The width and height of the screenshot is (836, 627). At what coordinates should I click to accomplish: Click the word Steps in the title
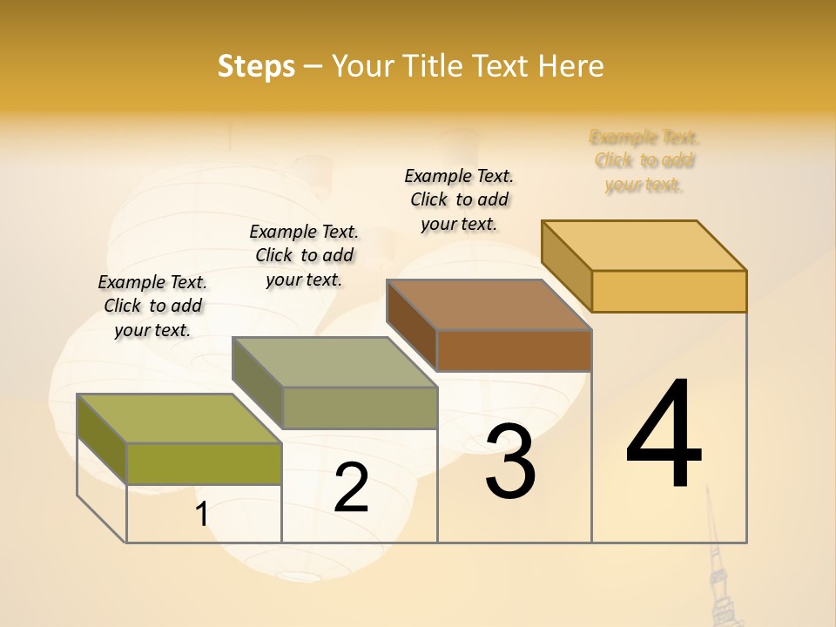(256, 66)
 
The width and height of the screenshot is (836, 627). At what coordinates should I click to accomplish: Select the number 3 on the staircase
(510, 462)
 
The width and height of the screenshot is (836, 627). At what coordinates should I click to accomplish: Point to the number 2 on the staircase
(351, 489)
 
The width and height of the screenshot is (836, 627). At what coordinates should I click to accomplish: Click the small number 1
(202, 515)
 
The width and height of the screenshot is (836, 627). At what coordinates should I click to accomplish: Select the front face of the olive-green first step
(204, 463)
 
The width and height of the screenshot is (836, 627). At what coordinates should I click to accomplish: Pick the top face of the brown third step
(489, 305)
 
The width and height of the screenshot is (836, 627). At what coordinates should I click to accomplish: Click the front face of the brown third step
(514, 350)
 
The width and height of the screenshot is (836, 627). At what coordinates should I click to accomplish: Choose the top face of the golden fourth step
(644, 246)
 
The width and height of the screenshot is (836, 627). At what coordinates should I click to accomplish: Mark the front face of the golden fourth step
(669, 291)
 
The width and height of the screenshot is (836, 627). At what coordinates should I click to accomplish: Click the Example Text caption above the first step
(152, 306)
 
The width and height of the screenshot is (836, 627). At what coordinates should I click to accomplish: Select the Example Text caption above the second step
(304, 255)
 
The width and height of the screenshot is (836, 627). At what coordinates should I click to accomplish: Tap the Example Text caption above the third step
(459, 199)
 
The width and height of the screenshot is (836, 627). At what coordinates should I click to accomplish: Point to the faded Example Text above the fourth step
(644, 160)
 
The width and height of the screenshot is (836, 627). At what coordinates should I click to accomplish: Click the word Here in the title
(570, 66)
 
